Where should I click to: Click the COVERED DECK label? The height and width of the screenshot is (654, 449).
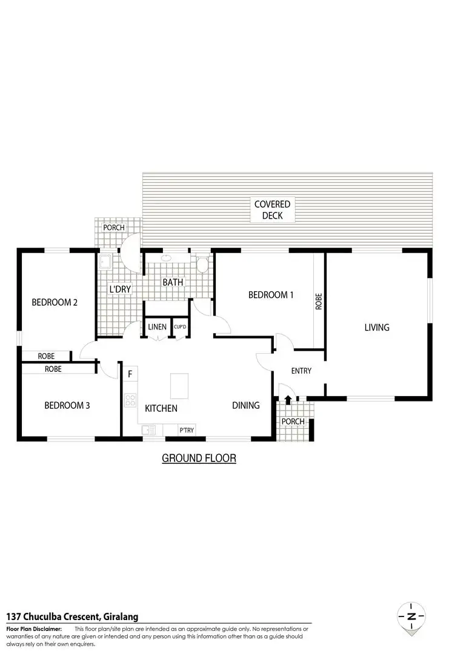[272, 210]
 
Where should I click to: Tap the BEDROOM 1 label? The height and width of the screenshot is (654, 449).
[271, 295]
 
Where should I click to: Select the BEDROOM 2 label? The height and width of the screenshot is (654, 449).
[55, 303]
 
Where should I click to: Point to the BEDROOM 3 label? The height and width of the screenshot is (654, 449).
[67, 405]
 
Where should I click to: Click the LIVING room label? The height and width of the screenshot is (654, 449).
[376, 328]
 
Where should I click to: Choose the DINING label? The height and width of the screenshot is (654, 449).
[245, 406]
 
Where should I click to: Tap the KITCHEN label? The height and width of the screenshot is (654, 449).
[161, 408]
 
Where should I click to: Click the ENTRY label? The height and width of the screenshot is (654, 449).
[301, 371]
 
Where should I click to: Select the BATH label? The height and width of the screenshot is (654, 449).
[173, 283]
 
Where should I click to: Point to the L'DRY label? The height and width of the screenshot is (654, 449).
[120, 289]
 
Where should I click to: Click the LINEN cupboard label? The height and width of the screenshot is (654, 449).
[157, 327]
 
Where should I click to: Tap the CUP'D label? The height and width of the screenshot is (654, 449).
[180, 327]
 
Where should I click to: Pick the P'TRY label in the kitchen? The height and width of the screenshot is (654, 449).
[186, 430]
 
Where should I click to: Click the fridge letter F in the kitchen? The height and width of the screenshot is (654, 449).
[130, 374]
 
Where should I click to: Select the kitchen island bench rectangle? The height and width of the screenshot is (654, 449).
[179, 385]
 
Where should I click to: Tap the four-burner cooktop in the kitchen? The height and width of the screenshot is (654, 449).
[130, 400]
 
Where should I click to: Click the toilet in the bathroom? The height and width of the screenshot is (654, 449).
[202, 263]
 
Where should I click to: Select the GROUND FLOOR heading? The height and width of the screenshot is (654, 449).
[199, 458]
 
